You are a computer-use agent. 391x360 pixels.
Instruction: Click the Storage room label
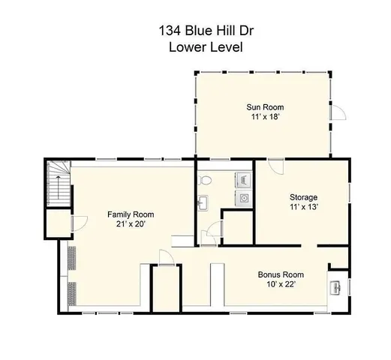(x=304, y=197)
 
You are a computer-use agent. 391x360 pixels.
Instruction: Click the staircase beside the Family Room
(x=58, y=186)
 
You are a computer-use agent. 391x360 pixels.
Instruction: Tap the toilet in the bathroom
(x=206, y=180)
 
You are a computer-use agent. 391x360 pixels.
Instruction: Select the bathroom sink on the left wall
(x=203, y=202)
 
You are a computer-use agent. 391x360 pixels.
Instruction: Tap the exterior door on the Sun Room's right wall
(x=339, y=113)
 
